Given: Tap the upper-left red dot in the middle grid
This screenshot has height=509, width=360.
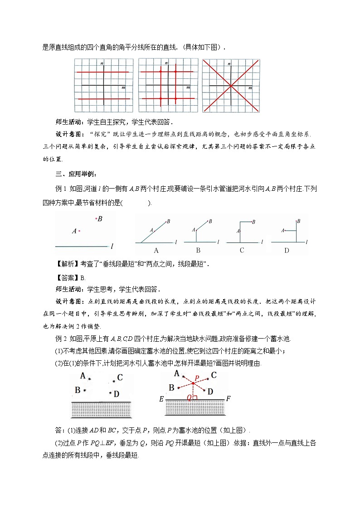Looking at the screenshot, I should (160, 72).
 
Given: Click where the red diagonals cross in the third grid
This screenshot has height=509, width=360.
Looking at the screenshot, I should (231, 85).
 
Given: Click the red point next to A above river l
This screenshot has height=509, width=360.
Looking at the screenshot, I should (80, 231).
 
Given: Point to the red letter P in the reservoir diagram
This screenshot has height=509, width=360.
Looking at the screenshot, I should (196, 377).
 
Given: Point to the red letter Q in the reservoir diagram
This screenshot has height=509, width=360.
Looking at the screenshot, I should (189, 398).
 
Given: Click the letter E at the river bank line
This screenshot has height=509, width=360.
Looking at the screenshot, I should (161, 399).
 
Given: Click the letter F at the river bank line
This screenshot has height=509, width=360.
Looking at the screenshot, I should (228, 399).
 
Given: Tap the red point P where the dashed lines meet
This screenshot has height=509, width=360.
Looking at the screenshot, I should (193, 383).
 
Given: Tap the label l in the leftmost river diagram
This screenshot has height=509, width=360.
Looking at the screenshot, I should (111, 246).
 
